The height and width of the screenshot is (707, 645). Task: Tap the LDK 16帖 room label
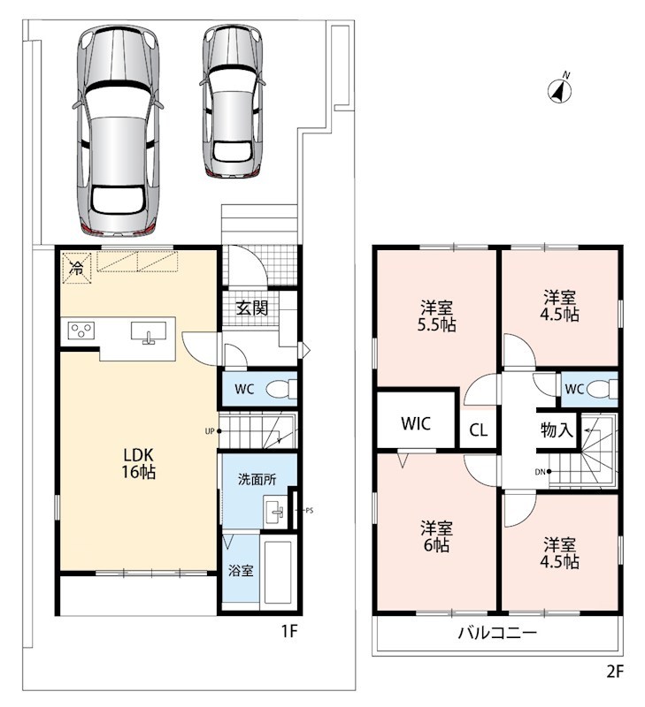138,462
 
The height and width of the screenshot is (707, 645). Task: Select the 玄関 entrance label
252,308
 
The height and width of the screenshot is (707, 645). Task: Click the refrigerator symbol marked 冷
77,268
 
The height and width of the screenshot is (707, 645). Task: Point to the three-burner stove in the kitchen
81,331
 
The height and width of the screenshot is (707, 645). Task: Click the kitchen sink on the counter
149,332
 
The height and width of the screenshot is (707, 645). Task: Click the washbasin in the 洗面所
273,512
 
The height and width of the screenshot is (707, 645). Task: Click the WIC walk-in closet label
416,423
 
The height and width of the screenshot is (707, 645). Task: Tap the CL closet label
479,430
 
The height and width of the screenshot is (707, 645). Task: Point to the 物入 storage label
557,430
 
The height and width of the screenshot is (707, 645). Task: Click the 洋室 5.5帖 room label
436,316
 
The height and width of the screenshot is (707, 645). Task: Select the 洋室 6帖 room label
436,536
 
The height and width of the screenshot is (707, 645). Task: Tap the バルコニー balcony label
497,633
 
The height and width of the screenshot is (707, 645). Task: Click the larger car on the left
118,130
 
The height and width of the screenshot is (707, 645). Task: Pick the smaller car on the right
232,100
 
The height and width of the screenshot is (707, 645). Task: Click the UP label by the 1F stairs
209,431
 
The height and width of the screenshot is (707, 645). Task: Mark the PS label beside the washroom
309,511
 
